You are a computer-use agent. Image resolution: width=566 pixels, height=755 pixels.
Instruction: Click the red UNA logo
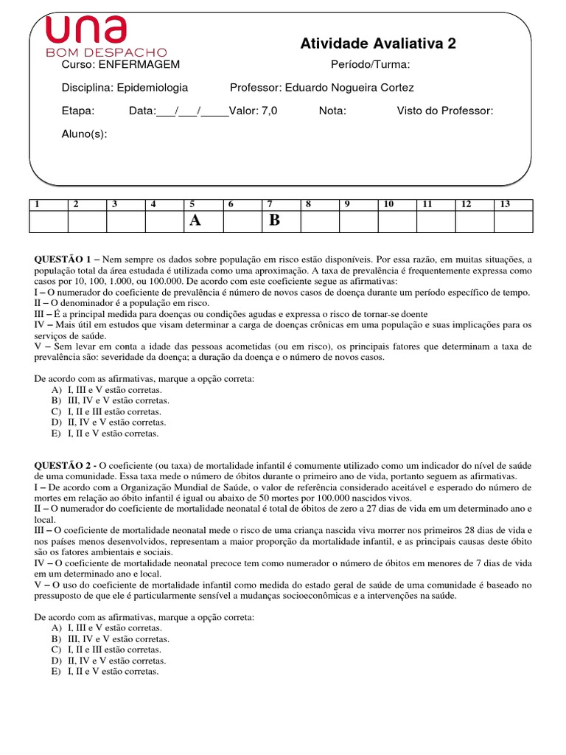(85, 30)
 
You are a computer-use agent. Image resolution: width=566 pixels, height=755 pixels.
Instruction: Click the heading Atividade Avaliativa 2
(378, 44)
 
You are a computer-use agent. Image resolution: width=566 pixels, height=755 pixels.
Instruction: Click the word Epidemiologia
(153, 88)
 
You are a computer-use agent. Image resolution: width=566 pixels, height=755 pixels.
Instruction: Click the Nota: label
(332, 111)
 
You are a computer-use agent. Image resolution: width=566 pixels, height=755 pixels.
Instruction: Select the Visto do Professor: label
(445, 111)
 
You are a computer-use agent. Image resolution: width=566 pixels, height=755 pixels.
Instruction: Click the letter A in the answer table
(195, 220)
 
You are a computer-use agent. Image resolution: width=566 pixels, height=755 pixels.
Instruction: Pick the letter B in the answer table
(274, 220)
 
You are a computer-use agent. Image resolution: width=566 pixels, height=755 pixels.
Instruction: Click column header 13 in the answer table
(504, 204)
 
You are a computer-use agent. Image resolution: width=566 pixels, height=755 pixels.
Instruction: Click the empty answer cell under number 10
(396, 221)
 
